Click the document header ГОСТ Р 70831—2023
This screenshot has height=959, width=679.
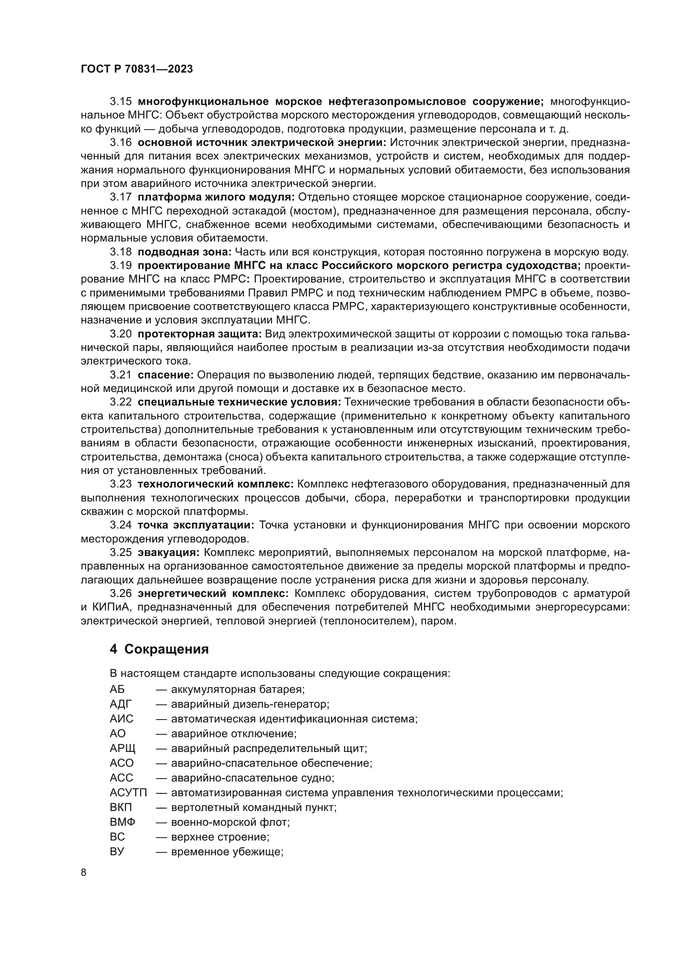tap(137, 69)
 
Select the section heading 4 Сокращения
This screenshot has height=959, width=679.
tap(159, 649)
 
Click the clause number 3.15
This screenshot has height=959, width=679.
tap(120, 102)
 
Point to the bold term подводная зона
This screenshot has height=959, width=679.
tap(184, 252)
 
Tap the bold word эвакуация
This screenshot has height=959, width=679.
tap(169, 553)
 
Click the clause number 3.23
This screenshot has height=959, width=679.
tap(120, 484)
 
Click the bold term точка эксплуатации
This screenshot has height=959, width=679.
tap(196, 525)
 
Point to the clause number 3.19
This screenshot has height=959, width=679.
tap(120, 266)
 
